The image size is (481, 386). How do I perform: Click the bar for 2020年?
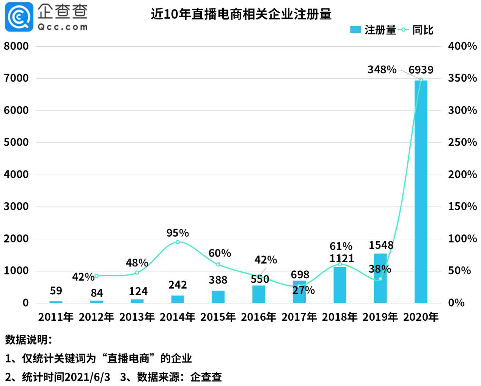[x=421, y=191]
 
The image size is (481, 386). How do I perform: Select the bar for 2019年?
[x=380, y=278]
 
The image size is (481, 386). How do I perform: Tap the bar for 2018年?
[x=340, y=285]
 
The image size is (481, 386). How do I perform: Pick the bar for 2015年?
[x=218, y=296]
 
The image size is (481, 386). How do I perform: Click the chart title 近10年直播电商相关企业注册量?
[x=241, y=14]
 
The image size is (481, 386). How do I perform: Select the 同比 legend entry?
[x=417, y=30]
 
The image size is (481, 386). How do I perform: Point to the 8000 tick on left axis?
[x=16, y=46]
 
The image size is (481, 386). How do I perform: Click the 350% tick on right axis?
[x=462, y=78]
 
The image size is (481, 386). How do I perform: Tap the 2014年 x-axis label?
[x=178, y=317]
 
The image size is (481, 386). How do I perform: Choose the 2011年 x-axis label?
[x=56, y=317]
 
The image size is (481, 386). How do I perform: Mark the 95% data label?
[x=178, y=233]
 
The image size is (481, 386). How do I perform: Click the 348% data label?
[x=382, y=69]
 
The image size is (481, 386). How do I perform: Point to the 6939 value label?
[x=421, y=70]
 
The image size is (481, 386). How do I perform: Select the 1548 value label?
[x=381, y=245]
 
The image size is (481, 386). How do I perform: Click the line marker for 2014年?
[x=178, y=242]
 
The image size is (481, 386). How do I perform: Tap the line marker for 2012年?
[x=96, y=276]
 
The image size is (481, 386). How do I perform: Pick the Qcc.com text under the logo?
[x=63, y=27]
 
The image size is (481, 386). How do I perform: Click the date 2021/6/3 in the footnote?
[x=87, y=377]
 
